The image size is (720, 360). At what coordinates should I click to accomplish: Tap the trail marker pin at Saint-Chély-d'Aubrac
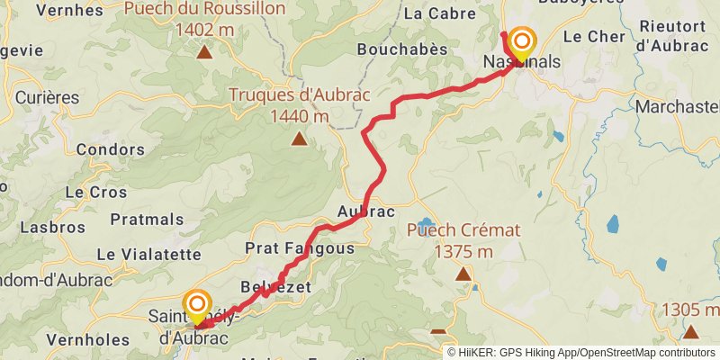195,307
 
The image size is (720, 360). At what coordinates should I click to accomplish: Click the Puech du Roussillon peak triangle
206,51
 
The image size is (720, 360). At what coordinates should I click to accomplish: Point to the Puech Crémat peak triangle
463,274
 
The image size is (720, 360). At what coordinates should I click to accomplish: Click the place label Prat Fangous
300,247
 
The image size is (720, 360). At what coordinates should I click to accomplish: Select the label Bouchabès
402,49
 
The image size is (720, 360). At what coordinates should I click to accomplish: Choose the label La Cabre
437,13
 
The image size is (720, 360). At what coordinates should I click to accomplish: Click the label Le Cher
587,37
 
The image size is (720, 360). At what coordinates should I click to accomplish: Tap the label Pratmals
147,219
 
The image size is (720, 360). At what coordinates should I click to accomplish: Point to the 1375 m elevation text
463,252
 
